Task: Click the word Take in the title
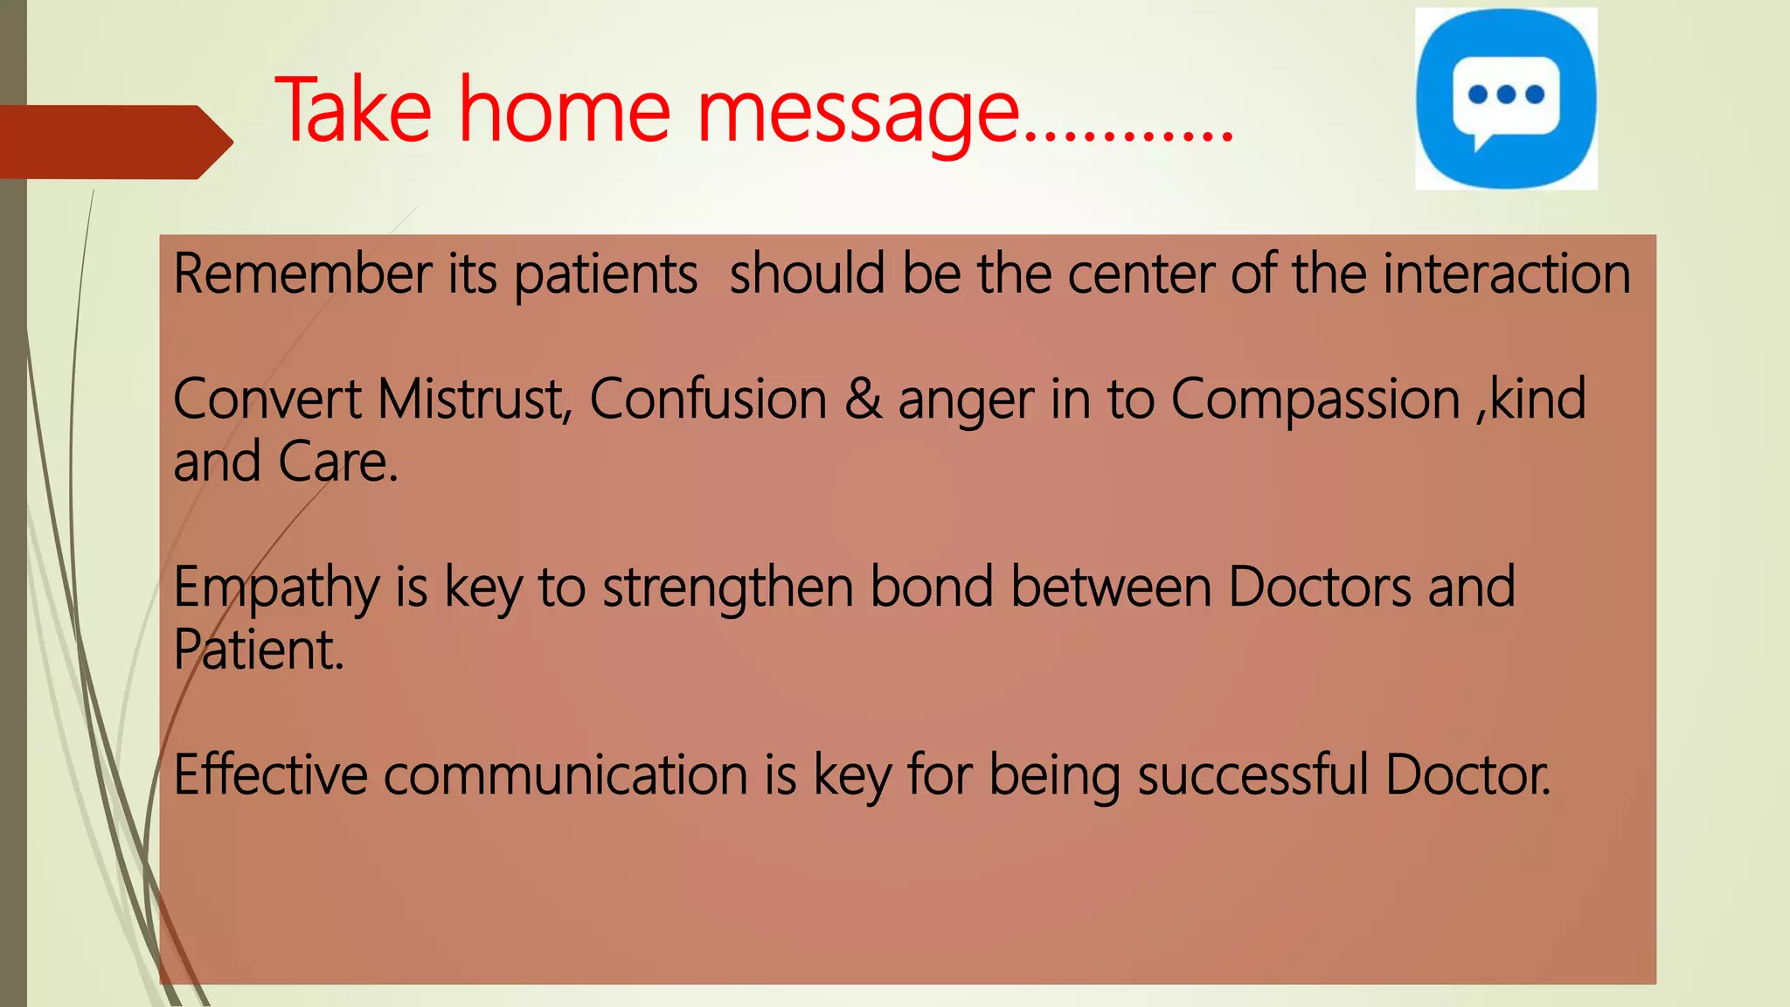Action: point(353,111)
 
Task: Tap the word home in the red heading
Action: point(565,111)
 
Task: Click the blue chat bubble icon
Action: point(1506,98)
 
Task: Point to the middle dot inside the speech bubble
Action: point(1506,94)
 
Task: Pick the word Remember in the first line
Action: point(302,274)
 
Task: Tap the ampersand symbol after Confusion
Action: point(863,399)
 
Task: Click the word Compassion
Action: point(1315,399)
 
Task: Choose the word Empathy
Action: point(275,587)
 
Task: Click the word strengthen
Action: point(727,587)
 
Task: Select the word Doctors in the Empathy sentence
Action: point(1319,587)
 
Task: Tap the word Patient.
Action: point(258,650)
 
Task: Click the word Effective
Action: point(270,774)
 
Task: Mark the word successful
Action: point(1252,774)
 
